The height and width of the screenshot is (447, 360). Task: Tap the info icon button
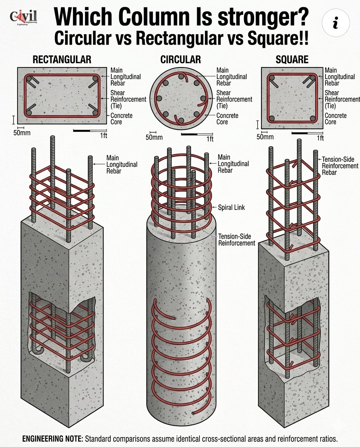point(336,23)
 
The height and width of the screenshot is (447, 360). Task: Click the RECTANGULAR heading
point(62,60)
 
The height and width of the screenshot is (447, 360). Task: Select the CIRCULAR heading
point(180,60)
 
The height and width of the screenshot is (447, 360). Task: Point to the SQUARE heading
point(292,60)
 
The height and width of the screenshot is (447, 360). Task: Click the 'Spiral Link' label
point(232,208)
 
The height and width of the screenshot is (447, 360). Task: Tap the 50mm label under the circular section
point(154,137)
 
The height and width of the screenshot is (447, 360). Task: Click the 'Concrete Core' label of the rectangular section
point(121,119)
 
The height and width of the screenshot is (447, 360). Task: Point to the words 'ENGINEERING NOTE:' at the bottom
point(52,439)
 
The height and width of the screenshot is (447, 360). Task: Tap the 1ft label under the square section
point(320,138)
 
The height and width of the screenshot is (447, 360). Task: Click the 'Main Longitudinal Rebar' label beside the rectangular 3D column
point(121,165)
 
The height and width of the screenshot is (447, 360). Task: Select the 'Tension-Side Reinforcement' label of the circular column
point(236,240)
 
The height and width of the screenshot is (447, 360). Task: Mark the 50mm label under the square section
point(265,137)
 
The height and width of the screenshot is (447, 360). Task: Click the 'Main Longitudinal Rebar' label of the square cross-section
point(339,76)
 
